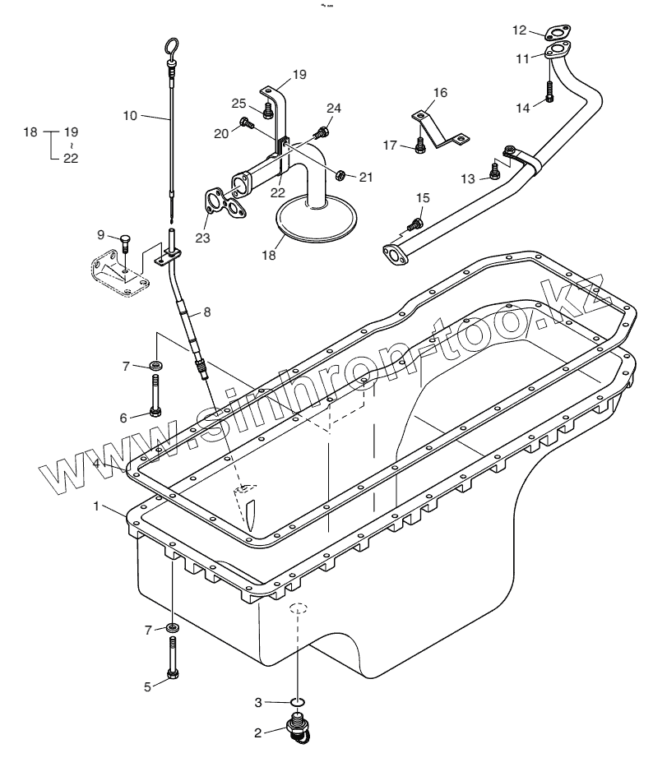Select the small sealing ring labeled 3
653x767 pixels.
[299, 701]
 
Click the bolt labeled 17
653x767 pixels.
[420, 146]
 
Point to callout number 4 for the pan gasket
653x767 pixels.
[97, 464]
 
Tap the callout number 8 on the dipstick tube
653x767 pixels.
[206, 312]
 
